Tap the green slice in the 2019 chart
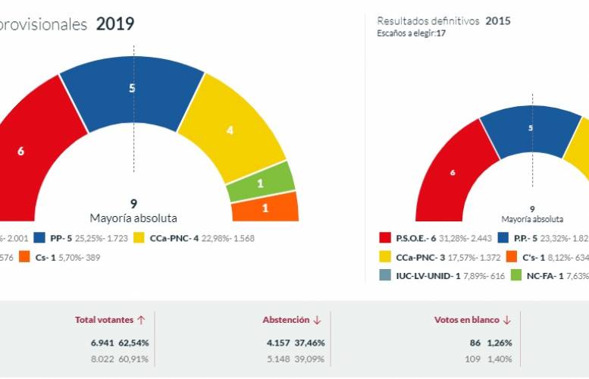pos(260,183)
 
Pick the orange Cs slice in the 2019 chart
pos(265,207)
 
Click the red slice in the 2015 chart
pos(453,173)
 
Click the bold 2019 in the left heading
pos(115,24)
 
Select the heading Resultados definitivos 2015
pos(443,21)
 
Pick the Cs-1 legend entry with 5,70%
pos(61,257)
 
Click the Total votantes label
pos(104,320)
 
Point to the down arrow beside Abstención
pos(317,320)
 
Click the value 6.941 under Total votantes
pos(105,343)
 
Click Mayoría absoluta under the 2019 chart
pos(133,218)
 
